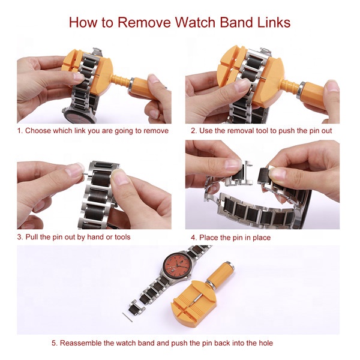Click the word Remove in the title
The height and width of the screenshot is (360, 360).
145,23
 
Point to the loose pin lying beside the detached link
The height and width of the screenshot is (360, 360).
127,317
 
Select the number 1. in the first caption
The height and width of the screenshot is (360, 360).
20,131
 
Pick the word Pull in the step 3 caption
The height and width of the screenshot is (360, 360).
31,237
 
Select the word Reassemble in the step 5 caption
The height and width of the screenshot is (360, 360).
81,343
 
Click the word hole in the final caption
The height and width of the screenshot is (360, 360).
266,343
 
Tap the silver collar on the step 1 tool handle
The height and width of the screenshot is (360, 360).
131,84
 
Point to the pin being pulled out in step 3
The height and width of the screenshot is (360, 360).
85,174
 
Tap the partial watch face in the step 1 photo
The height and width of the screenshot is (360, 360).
79,116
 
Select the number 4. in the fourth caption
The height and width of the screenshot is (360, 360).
194,238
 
